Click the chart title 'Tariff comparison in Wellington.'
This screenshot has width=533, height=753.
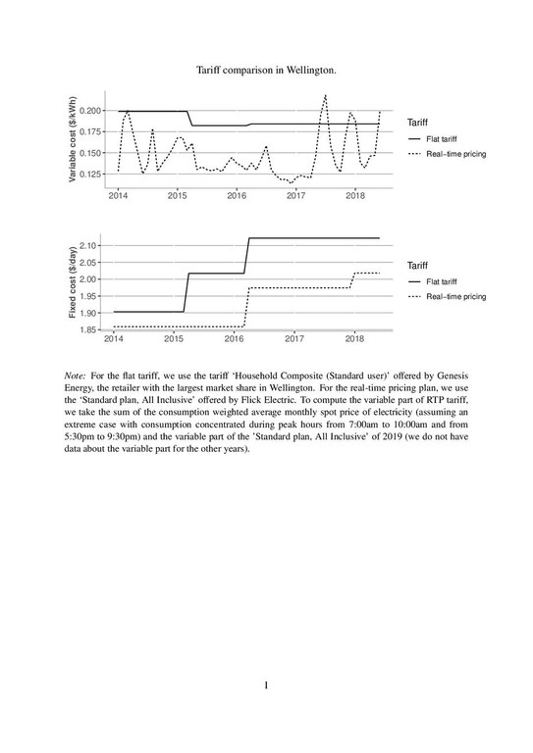tap(266, 71)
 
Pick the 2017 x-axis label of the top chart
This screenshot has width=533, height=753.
tap(295, 196)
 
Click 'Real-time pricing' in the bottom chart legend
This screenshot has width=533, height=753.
tap(455, 296)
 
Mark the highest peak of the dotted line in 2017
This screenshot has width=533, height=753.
tap(325, 95)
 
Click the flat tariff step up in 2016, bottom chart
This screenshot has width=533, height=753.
tap(248, 255)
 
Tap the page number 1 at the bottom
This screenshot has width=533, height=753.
tap(266, 684)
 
